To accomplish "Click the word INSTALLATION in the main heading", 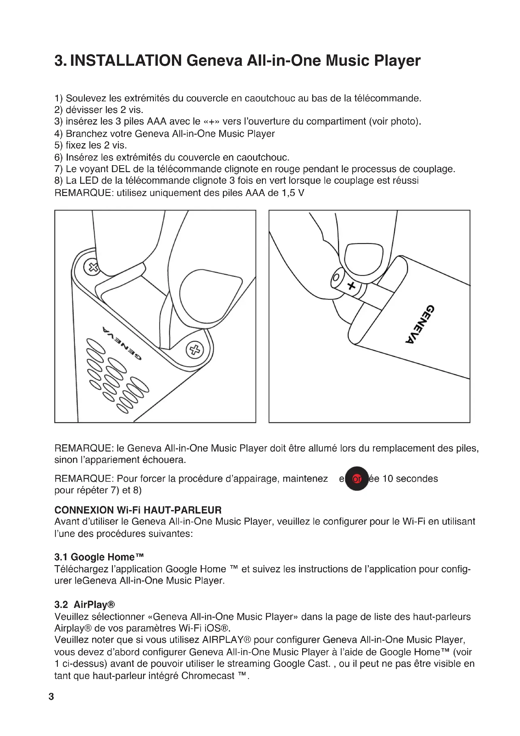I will (126, 61).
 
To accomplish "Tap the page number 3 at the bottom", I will (51, 696).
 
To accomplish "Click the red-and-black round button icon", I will (357, 479).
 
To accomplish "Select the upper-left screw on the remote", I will (93, 267).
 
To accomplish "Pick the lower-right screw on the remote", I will (195, 350).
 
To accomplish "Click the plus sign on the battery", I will (351, 286).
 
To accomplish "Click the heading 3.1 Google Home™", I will (99, 557).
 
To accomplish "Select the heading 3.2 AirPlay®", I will (85, 604).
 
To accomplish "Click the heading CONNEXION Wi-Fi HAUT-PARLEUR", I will (138, 510).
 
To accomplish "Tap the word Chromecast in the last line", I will (208, 676).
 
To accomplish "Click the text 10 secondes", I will (410, 479).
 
